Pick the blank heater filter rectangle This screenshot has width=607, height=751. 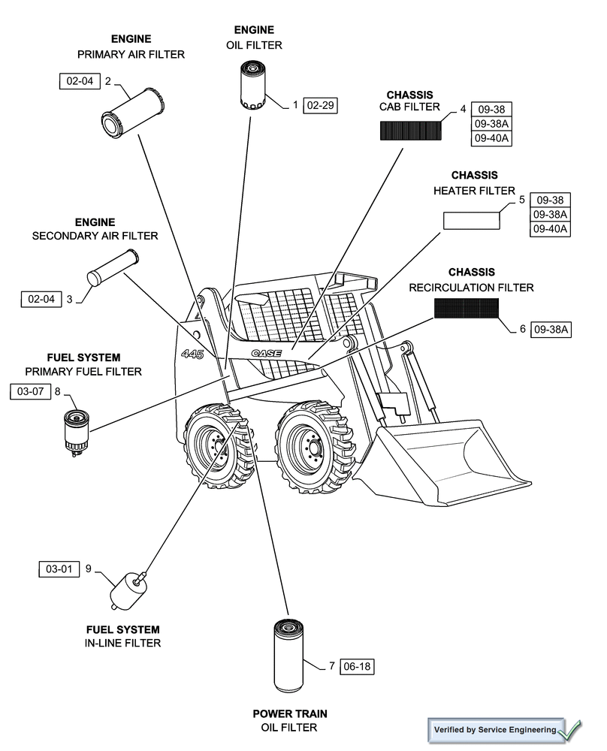(x=471, y=220)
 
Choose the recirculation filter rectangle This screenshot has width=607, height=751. (x=466, y=308)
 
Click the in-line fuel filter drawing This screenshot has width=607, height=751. (x=125, y=590)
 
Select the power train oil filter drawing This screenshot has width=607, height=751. (x=288, y=656)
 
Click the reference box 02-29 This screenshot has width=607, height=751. (x=321, y=105)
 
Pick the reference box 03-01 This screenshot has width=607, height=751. (x=58, y=569)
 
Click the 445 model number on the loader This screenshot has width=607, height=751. (x=192, y=354)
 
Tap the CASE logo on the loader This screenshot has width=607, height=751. (x=266, y=353)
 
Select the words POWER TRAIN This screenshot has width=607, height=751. (x=289, y=713)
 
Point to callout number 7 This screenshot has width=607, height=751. (x=331, y=666)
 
